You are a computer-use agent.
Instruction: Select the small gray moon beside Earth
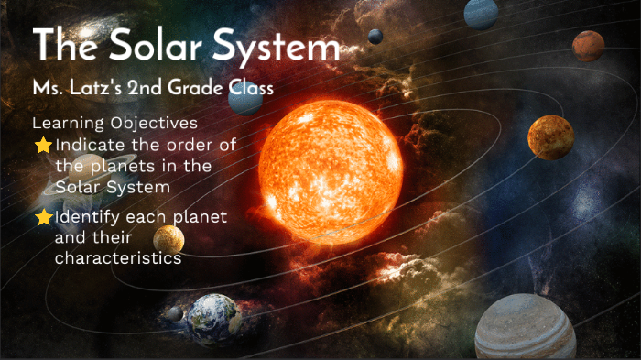tap(172, 313)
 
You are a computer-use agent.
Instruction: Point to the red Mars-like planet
tap(588, 45)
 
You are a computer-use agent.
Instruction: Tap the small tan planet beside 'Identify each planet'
tap(168, 241)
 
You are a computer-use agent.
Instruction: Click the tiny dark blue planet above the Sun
tap(375, 36)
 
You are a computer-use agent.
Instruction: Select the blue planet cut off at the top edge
tap(481, 13)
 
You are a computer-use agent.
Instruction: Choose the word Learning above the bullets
tap(63, 122)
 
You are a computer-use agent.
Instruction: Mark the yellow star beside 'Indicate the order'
tap(43, 145)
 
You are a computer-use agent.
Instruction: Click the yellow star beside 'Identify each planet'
tap(43, 218)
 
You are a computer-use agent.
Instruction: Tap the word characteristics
tap(117, 258)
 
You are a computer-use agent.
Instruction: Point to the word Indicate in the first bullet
tap(88, 145)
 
